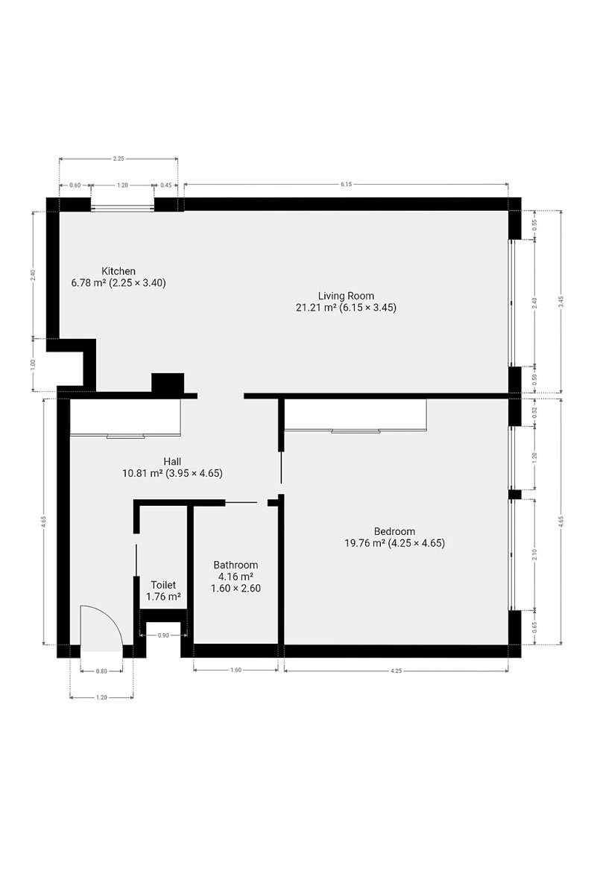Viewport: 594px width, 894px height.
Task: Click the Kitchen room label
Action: tap(119, 271)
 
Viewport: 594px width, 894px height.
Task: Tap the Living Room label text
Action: tap(346, 296)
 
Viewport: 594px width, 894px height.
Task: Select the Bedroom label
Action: tap(394, 531)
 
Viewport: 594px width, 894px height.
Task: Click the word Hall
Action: tap(172, 461)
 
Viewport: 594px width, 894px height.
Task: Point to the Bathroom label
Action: tap(236, 565)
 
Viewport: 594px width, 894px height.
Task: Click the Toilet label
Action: tap(163, 585)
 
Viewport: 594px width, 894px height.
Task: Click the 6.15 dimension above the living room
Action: tap(346, 185)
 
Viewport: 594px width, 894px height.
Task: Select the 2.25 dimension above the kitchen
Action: tap(119, 159)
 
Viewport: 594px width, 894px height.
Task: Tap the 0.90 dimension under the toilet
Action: tap(163, 635)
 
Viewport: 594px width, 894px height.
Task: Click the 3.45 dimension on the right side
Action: tap(561, 302)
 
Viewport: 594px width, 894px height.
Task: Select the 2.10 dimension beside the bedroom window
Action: tap(535, 554)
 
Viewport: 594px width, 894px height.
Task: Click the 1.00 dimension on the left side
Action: tap(33, 364)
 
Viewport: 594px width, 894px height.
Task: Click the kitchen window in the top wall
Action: tap(122, 207)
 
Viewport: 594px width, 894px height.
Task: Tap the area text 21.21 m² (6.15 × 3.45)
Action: tap(346, 308)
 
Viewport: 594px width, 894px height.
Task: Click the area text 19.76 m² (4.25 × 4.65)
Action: tap(394, 543)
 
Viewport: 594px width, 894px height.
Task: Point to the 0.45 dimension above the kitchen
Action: tap(165, 185)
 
